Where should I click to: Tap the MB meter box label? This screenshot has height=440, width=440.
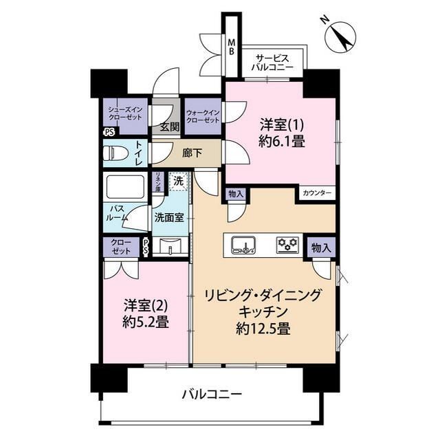point(232,47)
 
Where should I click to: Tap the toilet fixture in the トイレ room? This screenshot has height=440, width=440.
point(116,152)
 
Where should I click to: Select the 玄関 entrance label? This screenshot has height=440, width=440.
point(169,126)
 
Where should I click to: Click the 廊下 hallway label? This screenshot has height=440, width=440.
point(192,153)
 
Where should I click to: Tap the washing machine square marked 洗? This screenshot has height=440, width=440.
point(178,181)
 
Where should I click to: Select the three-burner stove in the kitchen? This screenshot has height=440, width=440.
point(286,244)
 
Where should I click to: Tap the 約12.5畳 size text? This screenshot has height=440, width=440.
point(263,328)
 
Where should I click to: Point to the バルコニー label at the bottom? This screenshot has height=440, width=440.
point(211,395)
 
